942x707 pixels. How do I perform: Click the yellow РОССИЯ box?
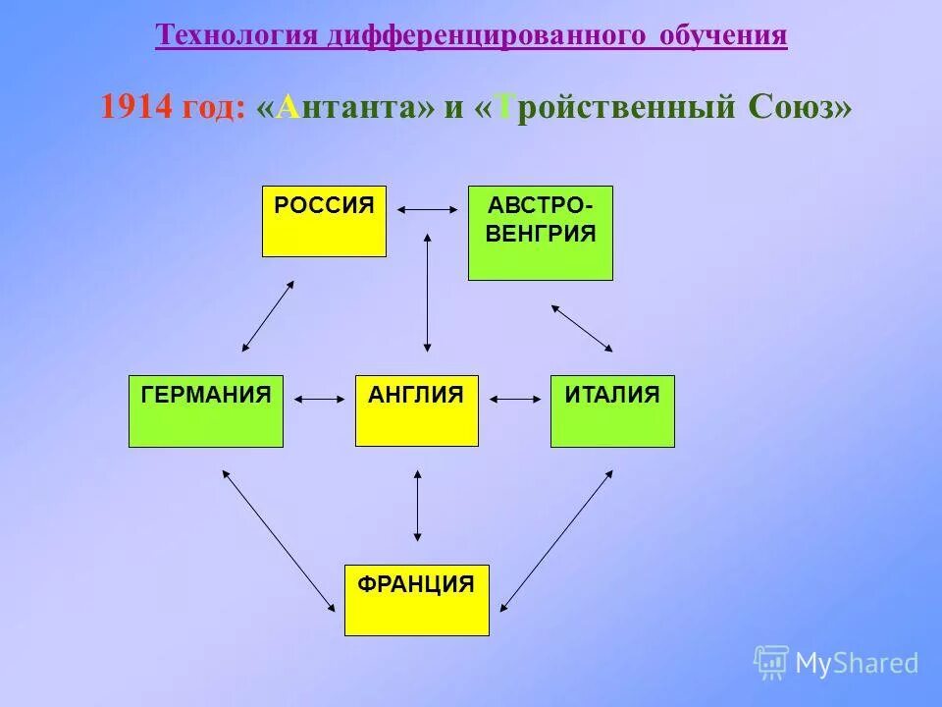tap(324, 221)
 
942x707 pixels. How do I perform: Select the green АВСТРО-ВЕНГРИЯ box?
tap(540, 233)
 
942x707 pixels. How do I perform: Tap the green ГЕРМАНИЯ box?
tap(205, 410)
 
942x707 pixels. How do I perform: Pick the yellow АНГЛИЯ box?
tap(416, 410)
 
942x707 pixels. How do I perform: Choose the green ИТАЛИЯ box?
tap(612, 410)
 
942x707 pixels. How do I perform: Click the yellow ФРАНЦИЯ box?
tap(416, 599)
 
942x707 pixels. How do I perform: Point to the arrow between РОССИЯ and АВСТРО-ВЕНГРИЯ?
tap(427, 209)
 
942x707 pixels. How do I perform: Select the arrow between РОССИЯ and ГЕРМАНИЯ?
tap(268, 316)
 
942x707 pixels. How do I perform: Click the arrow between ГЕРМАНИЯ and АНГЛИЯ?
tap(319, 399)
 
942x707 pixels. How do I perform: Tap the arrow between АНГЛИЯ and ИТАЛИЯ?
tap(515, 399)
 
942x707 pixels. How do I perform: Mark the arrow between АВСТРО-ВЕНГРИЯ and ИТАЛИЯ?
tap(582, 328)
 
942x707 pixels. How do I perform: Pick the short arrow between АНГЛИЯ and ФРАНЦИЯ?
tap(418, 506)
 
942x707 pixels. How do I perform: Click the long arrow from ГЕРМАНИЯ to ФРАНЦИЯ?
tap(278, 540)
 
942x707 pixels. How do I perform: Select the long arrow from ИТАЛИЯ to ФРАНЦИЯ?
tap(556, 540)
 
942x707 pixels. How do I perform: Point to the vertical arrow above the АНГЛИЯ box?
tap(427, 292)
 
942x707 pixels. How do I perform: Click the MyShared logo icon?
tap(771, 663)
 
